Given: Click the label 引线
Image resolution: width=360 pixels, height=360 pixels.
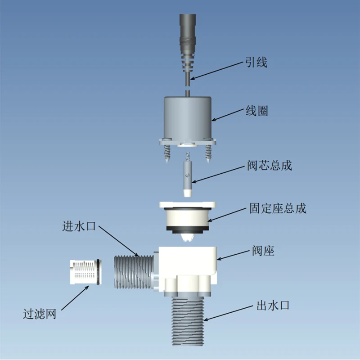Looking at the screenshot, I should point(256,62).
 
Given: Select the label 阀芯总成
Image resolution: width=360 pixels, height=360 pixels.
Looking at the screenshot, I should point(270,165).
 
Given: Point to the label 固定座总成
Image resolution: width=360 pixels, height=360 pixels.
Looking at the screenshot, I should point(278,209).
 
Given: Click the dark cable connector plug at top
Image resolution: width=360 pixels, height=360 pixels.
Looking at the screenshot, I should point(188,31).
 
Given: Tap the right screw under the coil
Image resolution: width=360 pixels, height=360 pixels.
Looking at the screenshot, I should point(208,153).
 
